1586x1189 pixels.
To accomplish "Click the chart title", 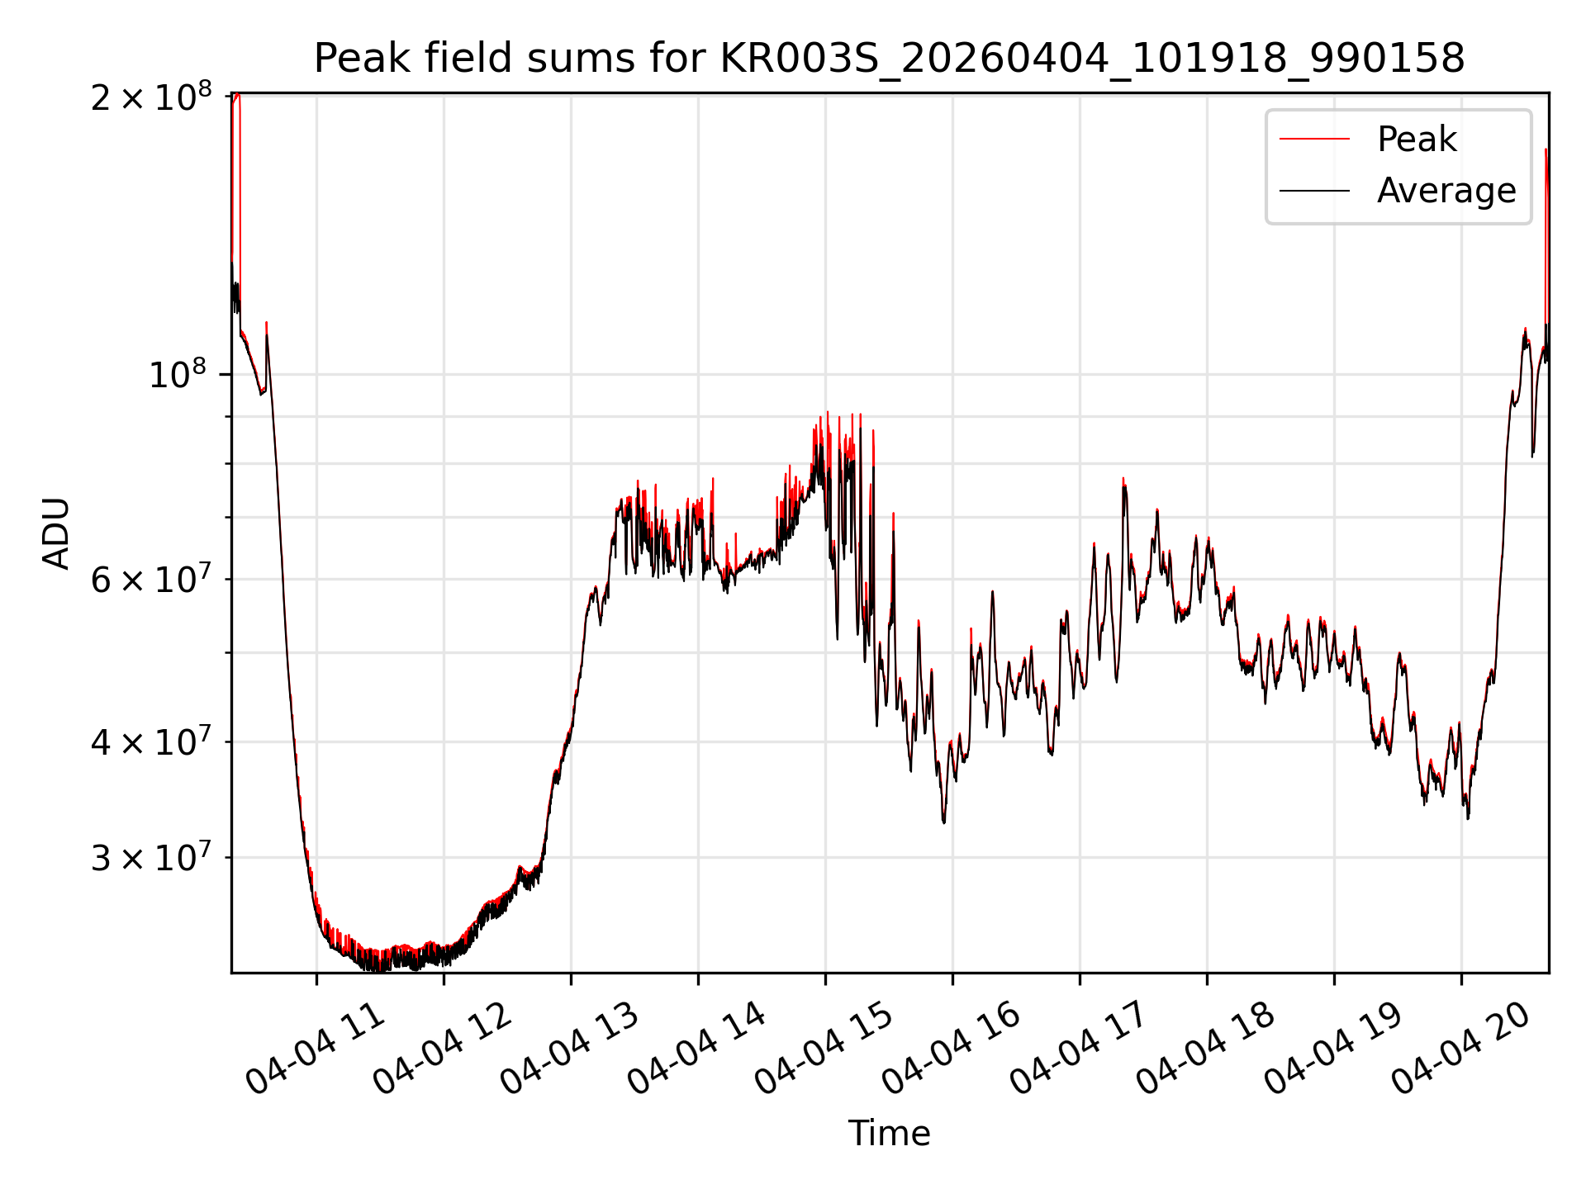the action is click(x=890, y=59).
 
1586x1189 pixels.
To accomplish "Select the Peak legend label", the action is click(x=1417, y=139).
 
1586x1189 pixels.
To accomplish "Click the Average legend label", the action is click(x=1446, y=191).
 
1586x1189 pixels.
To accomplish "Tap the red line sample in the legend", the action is click(x=1315, y=139).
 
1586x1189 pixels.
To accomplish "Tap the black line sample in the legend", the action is click(x=1315, y=191).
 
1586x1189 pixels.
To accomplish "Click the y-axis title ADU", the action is click(x=56, y=533).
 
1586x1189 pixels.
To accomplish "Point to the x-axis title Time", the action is click(x=890, y=1134).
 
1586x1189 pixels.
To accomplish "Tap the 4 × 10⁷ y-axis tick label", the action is click(x=151, y=741).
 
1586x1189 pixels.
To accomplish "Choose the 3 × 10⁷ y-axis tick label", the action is click(x=151, y=857).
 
